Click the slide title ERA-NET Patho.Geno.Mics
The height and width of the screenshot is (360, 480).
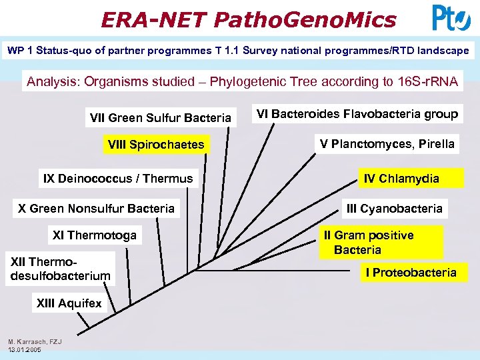point(248,19)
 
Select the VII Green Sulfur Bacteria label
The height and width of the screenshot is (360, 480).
point(160,118)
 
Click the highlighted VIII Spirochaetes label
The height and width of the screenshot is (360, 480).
point(156,145)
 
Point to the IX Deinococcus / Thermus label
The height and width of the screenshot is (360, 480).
point(118,178)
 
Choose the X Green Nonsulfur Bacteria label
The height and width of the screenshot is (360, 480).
point(97,209)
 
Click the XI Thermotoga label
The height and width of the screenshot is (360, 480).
point(95,235)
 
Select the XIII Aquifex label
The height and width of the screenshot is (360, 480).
point(69,303)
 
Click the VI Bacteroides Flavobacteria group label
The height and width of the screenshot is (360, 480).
point(357,114)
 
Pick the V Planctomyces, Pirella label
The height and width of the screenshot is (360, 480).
point(387,143)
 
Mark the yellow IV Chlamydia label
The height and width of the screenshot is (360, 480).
point(401,178)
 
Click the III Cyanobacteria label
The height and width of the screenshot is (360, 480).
point(394,209)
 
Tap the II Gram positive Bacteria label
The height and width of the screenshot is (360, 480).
point(368,243)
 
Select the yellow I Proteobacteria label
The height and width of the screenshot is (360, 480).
point(411,272)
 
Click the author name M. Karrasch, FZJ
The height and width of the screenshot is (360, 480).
point(35,342)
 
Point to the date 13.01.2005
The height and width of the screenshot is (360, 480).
point(25,349)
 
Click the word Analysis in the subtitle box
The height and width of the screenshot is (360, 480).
point(49,82)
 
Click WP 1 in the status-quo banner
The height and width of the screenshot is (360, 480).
point(21,51)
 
